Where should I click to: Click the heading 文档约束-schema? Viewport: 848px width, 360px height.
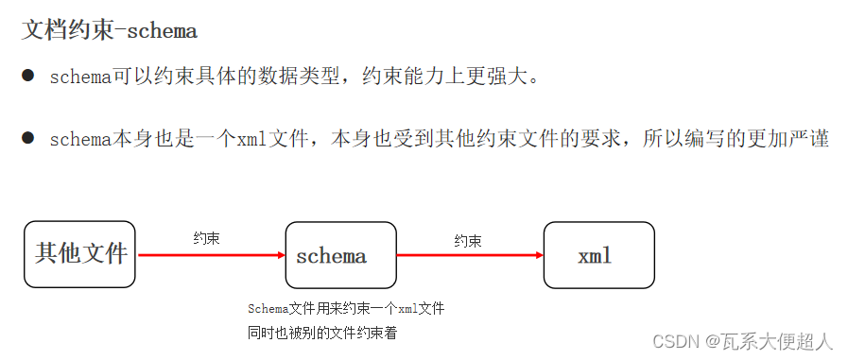pos(109,30)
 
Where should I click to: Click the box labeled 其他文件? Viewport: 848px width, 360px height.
pos(79,254)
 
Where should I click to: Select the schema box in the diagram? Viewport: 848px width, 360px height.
pos(340,255)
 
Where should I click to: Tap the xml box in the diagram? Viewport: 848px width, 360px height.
pos(598,255)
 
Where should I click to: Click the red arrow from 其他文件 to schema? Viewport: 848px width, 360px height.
pos(210,255)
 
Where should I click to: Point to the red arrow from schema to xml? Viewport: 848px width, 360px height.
pos(470,255)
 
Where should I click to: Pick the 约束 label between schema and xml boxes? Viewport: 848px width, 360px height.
pos(468,241)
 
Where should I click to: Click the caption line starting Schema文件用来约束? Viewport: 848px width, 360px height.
pos(346,309)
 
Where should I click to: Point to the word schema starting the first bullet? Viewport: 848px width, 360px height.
pos(80,77)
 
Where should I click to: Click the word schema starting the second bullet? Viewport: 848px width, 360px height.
pos(80,140)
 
